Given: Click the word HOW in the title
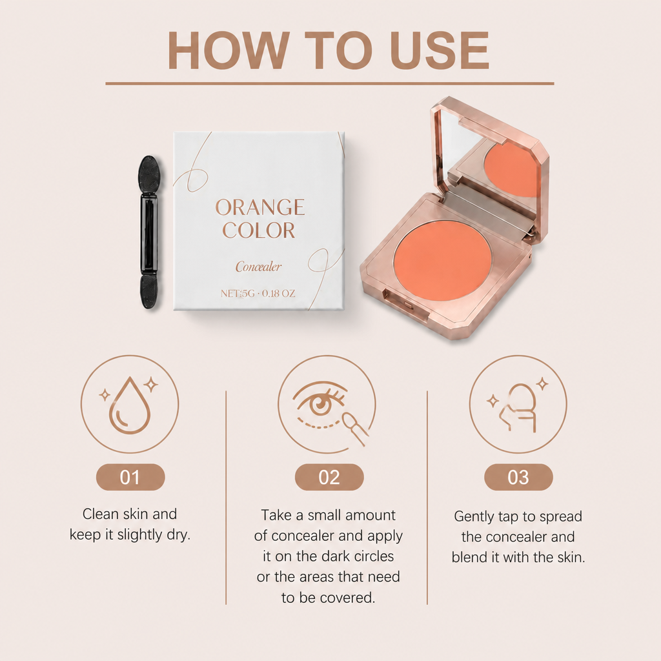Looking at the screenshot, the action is (229, 50).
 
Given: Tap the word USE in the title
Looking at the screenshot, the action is (440, 50).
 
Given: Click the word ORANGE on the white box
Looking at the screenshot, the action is (260, 207).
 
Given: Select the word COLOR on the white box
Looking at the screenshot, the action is (259, 230).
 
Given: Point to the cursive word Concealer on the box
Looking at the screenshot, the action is (258, 267).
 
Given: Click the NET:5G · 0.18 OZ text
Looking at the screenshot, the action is (258, 294).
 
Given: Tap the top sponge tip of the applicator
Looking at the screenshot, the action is (149, 174).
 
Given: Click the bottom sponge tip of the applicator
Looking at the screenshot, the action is (149, 292).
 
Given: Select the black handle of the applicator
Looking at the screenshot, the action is (149, 234).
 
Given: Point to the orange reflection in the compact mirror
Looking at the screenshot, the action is (512, 169).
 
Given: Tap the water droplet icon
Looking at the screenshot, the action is (129, 405).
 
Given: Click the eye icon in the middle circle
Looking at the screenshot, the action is (320, 402).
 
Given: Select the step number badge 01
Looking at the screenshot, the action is (130, 477).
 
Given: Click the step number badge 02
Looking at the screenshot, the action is (329, 477).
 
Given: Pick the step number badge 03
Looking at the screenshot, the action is (518, 477).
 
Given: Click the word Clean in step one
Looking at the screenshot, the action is (100, 514).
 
